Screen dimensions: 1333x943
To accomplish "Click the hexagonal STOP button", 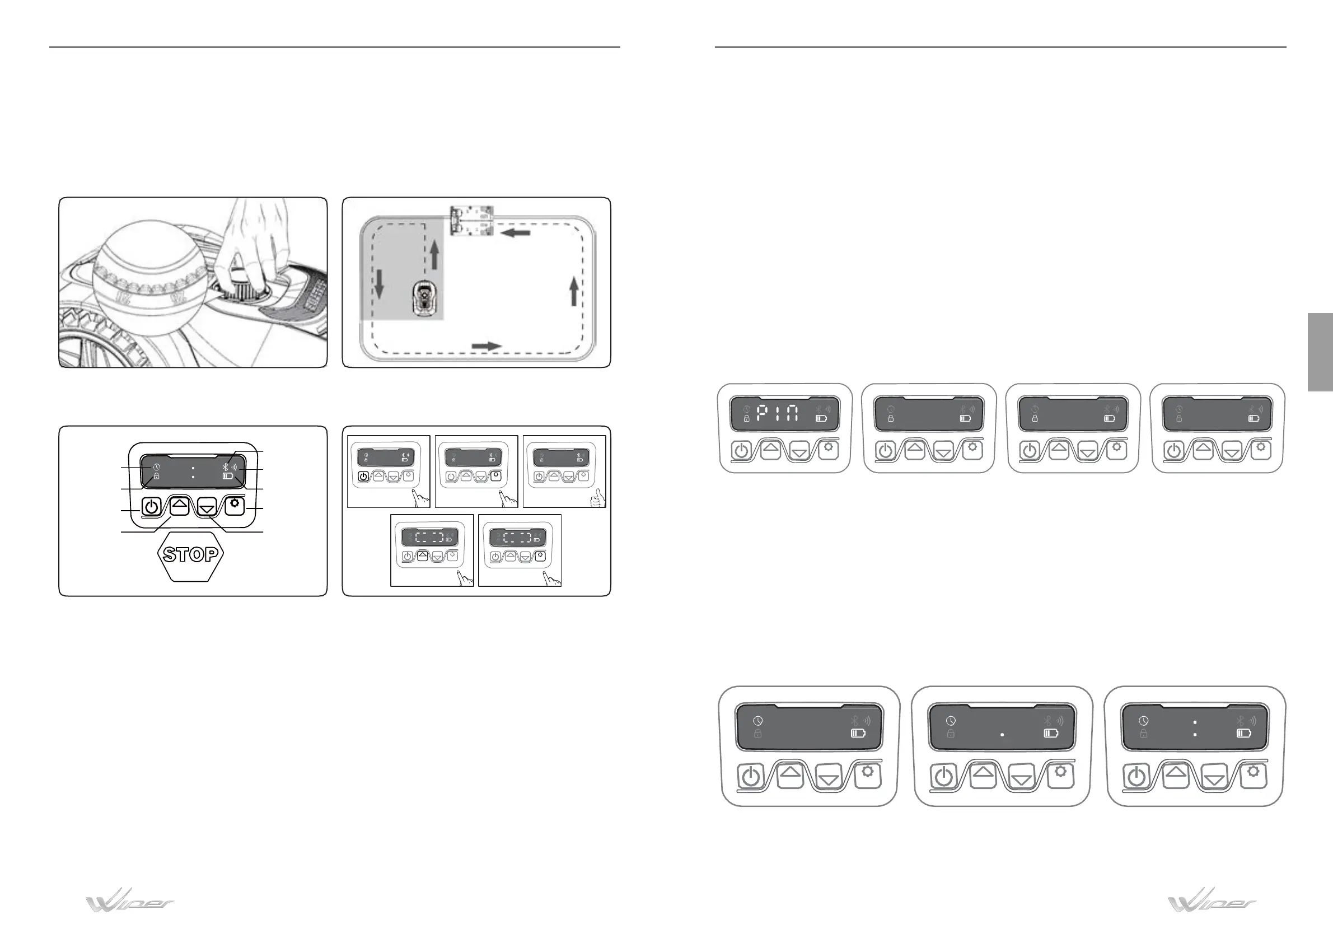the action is [190, 554].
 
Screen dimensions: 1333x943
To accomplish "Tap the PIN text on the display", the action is [778, 413].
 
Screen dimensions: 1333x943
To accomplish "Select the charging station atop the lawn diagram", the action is [472, 220].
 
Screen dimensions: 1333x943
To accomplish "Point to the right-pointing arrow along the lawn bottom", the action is [486, 346].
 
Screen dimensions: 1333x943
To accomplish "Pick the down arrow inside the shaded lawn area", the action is [379, 284].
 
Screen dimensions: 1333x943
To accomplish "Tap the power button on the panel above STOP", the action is [151, 507].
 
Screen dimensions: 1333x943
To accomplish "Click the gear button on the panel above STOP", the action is [234, 505].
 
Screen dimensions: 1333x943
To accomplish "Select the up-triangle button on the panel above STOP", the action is [180, 505].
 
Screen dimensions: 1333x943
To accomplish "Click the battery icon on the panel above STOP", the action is [228, 476].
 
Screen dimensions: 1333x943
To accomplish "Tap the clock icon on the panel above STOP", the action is [156, 468].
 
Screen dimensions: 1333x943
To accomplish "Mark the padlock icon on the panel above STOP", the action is [156, 476].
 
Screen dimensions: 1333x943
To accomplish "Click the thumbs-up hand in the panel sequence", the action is [597, 498].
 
